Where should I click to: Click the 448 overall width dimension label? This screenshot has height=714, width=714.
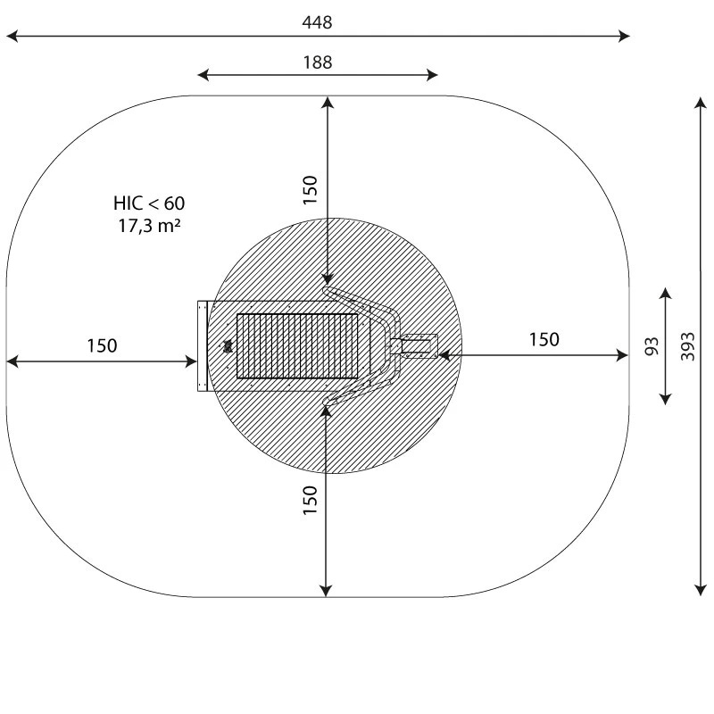317,21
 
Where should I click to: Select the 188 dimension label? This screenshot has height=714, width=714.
318,62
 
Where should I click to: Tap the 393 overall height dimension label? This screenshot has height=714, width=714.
688,346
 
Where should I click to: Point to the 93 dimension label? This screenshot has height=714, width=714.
652,346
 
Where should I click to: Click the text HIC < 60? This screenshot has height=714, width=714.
149,203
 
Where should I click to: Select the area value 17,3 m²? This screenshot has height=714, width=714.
149,226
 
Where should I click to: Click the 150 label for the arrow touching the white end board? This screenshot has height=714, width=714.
102,345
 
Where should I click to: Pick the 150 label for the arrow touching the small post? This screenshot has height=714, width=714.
544,339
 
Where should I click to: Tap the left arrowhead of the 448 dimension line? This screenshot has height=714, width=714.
12,36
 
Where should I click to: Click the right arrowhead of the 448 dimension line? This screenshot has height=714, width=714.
624,36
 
